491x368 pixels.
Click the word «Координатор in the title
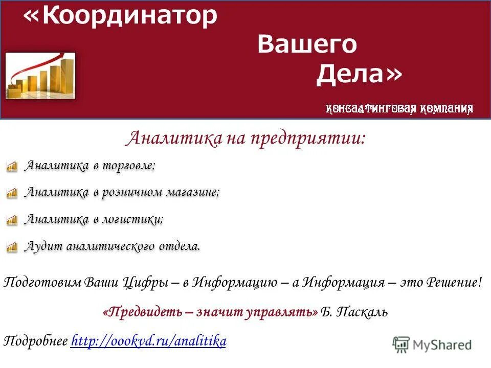point(121,16)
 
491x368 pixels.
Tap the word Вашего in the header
point(307,45)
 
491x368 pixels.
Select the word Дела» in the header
point(359,75)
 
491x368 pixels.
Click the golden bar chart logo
point(40,76)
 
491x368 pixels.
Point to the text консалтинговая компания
point(399,108)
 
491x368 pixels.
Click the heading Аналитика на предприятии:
point(245,138)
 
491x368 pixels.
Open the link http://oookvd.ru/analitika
point(148,341)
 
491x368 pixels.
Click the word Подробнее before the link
point(36,341)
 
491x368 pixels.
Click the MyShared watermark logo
point(432,344)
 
